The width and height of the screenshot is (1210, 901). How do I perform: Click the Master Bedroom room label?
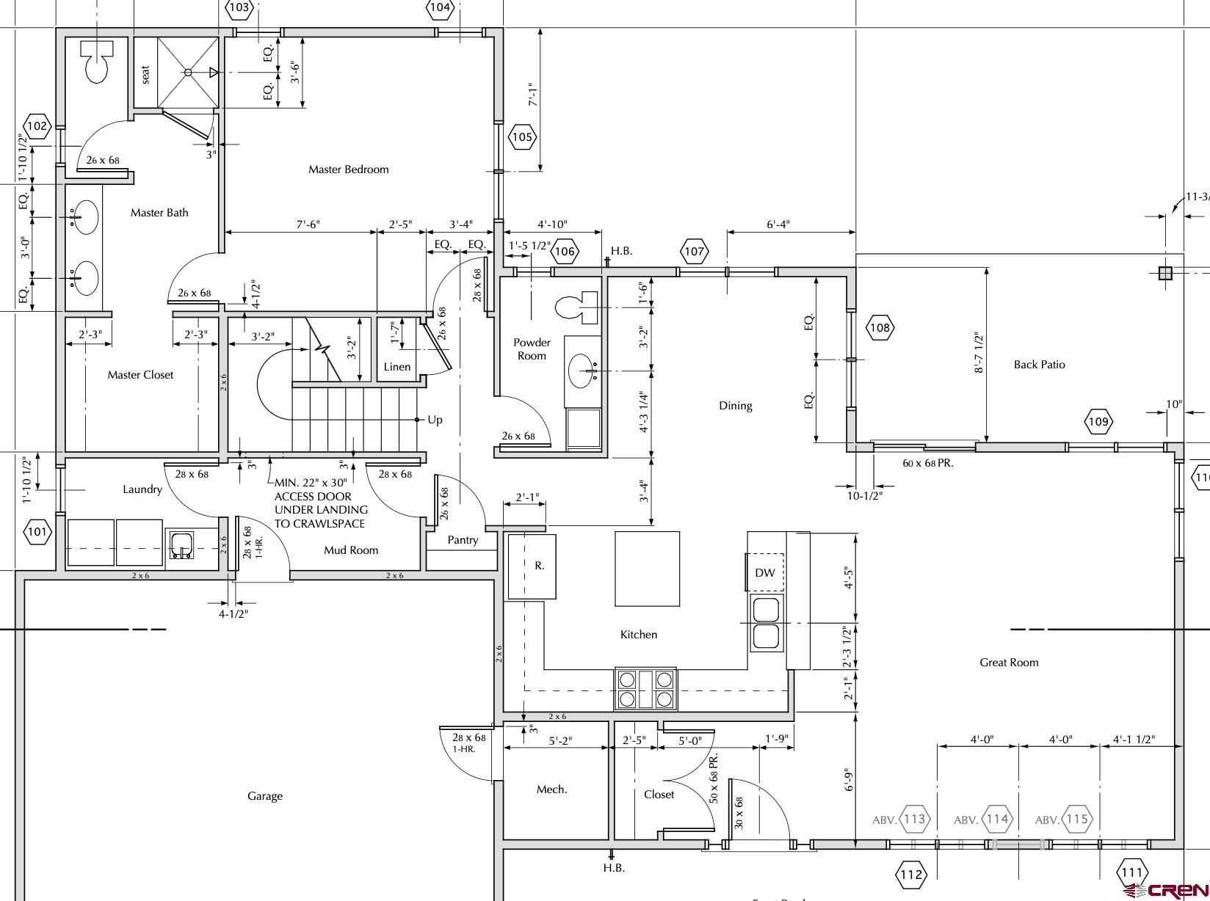(349, 169)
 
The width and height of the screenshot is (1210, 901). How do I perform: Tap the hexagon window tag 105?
(522, 137)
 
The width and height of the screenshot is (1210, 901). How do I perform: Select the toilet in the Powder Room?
(577, 307)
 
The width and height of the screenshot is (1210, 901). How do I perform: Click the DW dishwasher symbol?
(765, 572)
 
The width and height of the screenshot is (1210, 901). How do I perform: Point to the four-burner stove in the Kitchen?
(646, 689)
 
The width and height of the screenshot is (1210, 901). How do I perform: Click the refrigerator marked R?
(532, 566)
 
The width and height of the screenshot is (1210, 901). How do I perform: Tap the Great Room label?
(1009, 662)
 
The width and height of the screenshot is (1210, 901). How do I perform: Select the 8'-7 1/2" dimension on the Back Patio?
(979, 352)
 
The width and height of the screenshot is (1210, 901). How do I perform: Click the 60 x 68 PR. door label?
(928, 463)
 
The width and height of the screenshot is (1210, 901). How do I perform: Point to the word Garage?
(265, 796)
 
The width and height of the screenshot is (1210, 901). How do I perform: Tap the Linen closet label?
(397, 367)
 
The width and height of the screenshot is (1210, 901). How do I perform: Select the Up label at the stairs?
(435, 420)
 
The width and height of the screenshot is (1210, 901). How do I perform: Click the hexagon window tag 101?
(37, 531)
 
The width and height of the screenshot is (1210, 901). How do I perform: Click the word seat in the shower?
(145, 75)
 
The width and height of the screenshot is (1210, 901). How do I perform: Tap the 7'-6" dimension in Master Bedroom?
(308, 225)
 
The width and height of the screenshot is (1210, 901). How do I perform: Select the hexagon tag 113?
(914, 819)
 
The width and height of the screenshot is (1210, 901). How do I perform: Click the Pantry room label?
(463, 540)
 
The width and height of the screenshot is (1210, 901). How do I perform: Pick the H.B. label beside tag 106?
(621, 251)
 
